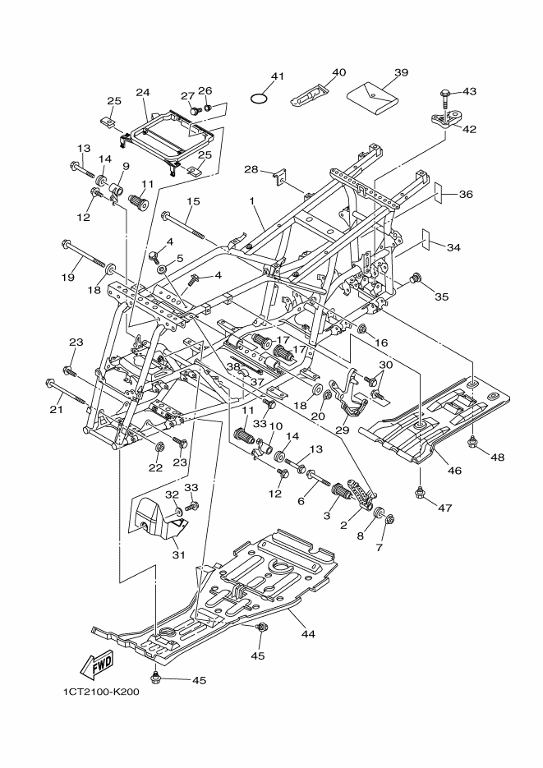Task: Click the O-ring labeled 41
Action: pyautogui.click(x=260, y=99)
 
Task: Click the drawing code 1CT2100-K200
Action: pyautogui.click(x=100, y=692)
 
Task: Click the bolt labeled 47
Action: pyautogui.click(x=421, y=494)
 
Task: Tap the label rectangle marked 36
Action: pyautogui.click(x=444, y=194)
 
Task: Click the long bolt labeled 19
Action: pyautogui.click(x=86, y=255)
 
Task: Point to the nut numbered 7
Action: pyautogui.click(x=389, y=519)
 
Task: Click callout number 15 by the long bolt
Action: pyautogui.click(x=194, y=202)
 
